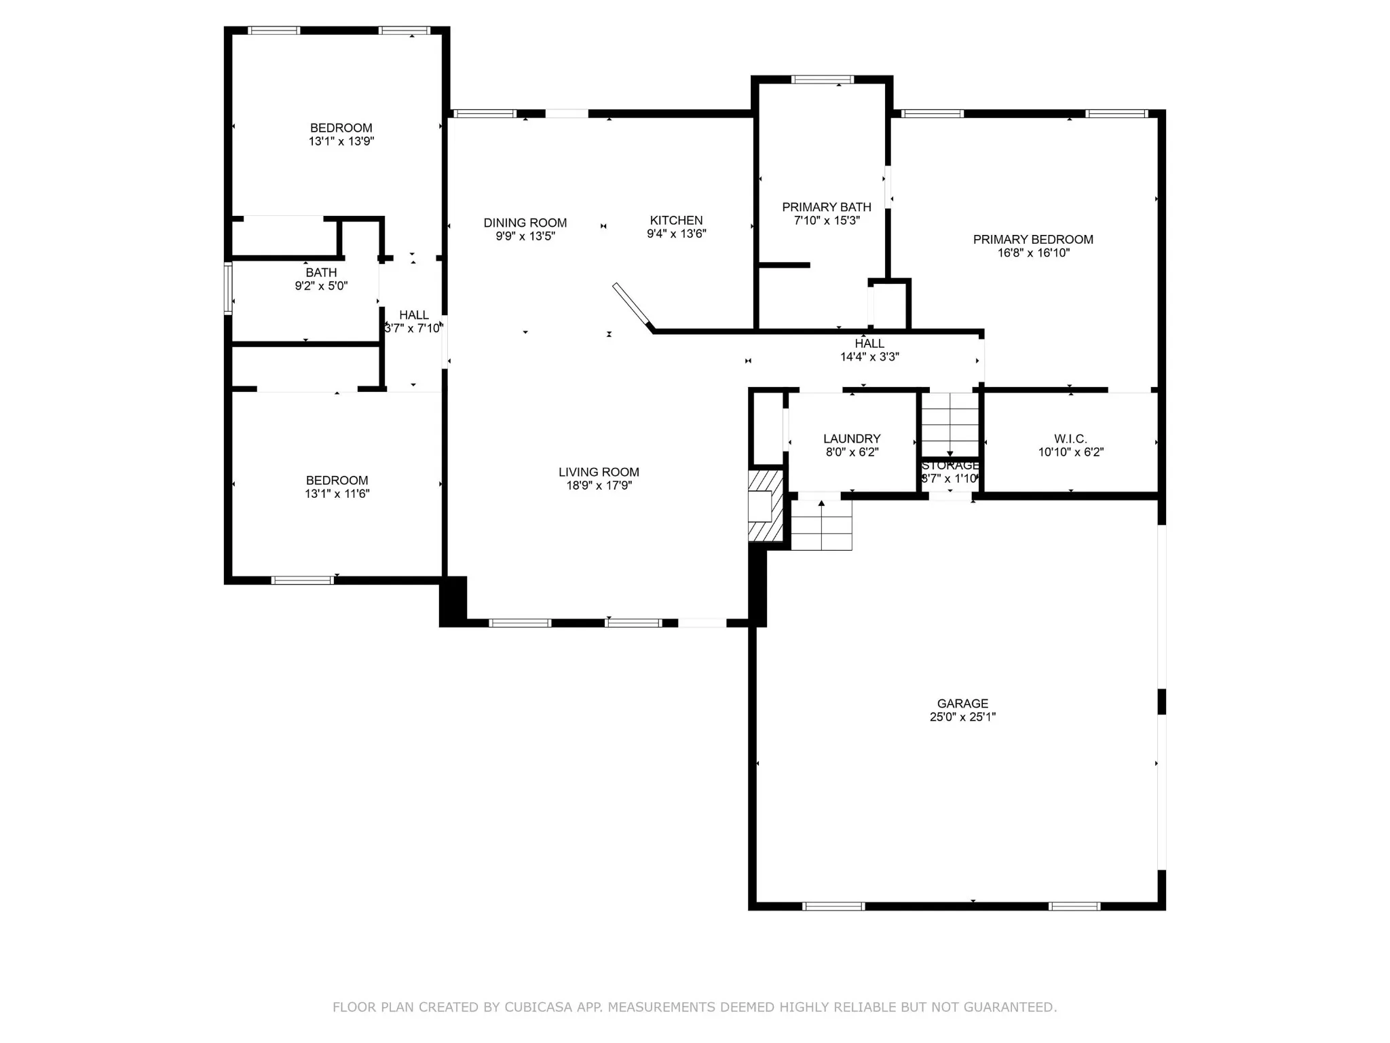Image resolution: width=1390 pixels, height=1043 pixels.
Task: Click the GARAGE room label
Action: pyautogui.click(x=962, y=703)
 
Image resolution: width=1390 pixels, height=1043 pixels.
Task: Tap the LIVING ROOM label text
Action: pyautogui.click(x=599, y=472)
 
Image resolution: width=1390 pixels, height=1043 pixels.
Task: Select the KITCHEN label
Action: pyautogui.click(x=676, y=220)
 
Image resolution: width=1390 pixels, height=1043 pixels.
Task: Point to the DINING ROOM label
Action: pyautogui.click(x=525, y=223)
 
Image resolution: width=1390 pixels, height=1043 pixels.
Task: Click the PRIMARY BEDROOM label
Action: pyautogui.click(x=1033, y=239)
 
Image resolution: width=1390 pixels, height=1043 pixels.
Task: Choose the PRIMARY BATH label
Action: pyautogui.click(x=827, y=207)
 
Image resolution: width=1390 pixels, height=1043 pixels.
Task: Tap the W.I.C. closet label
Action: pyautogui.click(x=1070, y=439)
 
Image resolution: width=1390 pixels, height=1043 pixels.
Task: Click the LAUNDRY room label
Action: pyautogui.click(x=852, y=439)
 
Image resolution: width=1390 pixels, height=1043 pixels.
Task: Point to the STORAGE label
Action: pyautogui.click(x=950, y=465)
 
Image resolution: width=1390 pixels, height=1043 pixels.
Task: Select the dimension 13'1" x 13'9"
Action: pyautogui.click(x=341, y=141)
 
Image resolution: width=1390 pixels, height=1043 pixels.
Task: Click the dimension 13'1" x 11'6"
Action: pyautogui.click(x=337, y=494)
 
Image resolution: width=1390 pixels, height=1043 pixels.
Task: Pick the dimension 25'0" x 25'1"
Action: pyautogui.click(x=962, y=716)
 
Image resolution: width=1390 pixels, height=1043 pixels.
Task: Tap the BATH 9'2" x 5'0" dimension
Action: pyautogui.click(x=321, y=286)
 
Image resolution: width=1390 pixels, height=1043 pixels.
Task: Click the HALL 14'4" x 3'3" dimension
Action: pyautogui.click(x=869, y=356)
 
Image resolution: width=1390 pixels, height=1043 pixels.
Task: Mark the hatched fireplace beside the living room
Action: pyautogui.click(x=766, y=505)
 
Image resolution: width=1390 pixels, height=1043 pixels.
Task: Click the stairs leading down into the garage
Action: pyautogui.click(x=821, y=525)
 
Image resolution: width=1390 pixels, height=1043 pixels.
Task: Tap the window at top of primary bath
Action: pyautogui.click(x=823, y=79)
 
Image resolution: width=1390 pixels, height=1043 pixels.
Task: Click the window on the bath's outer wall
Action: pyautogui.click(x=229, y=289)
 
